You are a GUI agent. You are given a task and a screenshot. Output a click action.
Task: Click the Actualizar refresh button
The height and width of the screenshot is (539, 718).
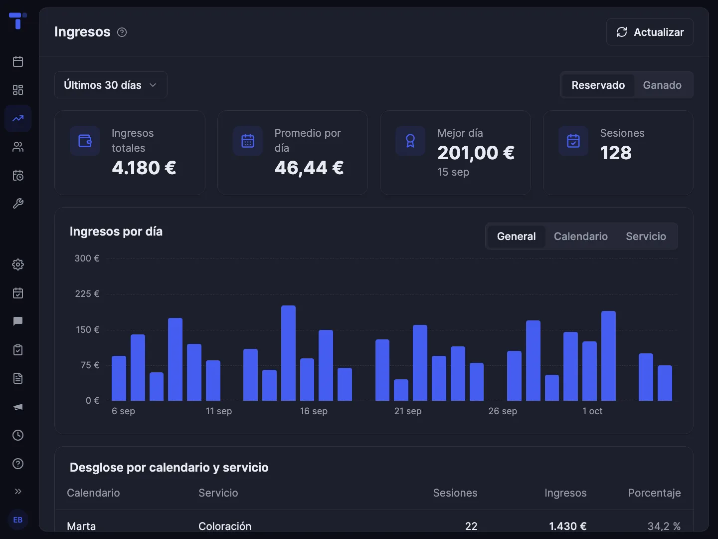[x=650, y=32]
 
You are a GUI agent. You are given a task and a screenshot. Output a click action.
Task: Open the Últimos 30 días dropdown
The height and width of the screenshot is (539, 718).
[x=111, y=85]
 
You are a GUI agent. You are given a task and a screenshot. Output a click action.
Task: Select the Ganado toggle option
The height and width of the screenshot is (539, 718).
[x=662, y=85]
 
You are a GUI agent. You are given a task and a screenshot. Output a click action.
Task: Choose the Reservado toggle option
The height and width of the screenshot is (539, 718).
[x=598, y=85]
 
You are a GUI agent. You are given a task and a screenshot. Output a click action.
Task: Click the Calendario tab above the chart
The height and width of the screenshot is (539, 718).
[x=580, y=236]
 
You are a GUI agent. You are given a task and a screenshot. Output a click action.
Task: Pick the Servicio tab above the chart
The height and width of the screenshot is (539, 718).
[x=646, y=236]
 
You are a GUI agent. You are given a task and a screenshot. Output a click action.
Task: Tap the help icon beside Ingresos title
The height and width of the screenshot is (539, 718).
[x=122, y=32]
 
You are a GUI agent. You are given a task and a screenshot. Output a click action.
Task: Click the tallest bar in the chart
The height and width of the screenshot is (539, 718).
[x=288, y=353]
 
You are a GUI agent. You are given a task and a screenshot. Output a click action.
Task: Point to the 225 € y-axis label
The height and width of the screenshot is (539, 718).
[x=87, y=294]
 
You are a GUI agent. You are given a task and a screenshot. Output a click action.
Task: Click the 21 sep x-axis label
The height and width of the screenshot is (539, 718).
[x=407, y=411]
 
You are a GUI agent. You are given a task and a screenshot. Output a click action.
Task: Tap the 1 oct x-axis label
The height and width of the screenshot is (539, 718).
[x=592, y=411]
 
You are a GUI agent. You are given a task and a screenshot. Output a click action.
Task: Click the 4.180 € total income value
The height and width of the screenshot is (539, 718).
[x=144, y=168]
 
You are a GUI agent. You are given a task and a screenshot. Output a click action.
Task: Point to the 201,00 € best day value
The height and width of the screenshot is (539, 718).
[x=476, y=153]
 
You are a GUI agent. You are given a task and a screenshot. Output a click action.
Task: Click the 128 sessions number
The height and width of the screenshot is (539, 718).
[x=616, y=153]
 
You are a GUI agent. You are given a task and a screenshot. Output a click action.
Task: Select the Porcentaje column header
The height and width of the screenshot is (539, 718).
[x=654, y=493]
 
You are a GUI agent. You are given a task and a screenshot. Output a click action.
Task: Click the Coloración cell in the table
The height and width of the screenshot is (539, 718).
[x=225, y=526]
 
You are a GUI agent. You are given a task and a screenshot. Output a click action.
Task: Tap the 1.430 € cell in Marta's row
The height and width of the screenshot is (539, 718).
[x=567, y=526]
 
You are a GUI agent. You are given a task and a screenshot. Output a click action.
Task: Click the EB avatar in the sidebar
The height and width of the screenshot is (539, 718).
[x=18, y=520]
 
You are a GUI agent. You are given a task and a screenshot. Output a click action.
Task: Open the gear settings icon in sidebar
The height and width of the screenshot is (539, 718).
[x=18, y=265]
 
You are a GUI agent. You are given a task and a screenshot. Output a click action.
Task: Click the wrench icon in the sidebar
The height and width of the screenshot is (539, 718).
[x=18, y=204]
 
